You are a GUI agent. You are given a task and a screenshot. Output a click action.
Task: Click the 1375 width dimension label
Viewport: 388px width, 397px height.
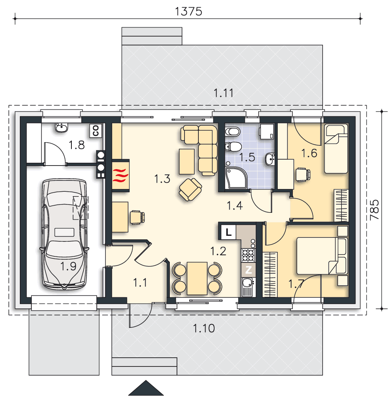[x=188, y=12]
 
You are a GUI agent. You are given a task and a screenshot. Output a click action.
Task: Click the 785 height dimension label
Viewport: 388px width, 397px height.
[x=375, y=210]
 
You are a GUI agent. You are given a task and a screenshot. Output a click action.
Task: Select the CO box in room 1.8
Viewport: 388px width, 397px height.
[x=96, y=131]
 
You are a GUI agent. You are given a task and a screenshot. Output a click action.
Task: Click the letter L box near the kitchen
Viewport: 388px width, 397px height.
[x=229, y=232]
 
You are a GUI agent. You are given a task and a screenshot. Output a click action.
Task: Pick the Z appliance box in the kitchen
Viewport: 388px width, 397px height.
[x=248, y=270]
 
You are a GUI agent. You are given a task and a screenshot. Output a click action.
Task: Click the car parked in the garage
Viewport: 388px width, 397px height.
[x=65, y=234]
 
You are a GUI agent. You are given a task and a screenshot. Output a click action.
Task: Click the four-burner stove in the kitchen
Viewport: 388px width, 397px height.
[x=248, y=255]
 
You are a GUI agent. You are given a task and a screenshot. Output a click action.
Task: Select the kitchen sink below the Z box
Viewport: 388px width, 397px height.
[x=248, y=287]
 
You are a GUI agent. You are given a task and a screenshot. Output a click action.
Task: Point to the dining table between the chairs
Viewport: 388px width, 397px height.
[x=197, y=278]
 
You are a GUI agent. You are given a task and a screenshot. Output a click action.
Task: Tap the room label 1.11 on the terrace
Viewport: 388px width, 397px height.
[x=223, y=93]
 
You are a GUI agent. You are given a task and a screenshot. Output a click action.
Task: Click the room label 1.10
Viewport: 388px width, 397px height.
[x=204, y=328]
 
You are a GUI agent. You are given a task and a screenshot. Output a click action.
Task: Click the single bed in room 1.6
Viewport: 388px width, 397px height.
[x=336, y=148]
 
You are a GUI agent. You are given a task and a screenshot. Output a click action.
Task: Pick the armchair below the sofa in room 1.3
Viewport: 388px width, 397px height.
[x=190, y=190]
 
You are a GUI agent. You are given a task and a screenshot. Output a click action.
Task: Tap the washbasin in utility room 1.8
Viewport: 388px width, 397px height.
[x=62, y=127]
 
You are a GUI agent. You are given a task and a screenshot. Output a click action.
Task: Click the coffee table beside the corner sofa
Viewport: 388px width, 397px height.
[x=187, y=162]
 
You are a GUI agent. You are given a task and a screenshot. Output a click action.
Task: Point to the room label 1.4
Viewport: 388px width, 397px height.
[x=235, y=206]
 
